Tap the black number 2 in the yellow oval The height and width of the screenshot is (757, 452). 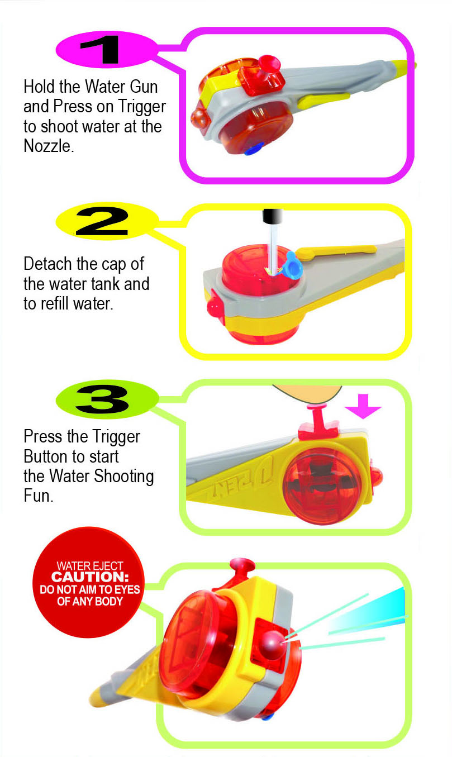tap(102, 221)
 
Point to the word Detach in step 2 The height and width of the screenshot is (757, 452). tap(47, 264)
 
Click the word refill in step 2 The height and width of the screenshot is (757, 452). tap(55, 303)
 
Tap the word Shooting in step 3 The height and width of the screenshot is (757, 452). tap(123, 477)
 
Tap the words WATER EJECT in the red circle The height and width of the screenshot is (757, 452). tap(90, 566)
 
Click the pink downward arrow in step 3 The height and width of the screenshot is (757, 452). tap(363, 406)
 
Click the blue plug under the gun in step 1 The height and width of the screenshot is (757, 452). tap(254, 149)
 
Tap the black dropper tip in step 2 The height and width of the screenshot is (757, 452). tap(272, 216)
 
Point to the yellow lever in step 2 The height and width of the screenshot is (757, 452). tap(336, 251)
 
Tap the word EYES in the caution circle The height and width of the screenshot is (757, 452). tap(127, 589)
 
